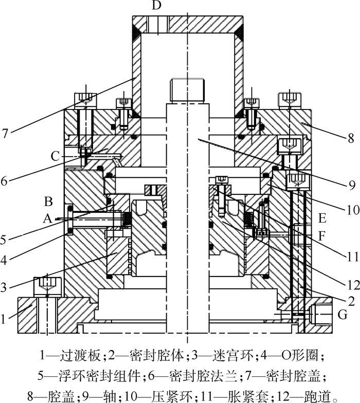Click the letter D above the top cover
coord(156,5)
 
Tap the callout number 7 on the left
coord(5,134)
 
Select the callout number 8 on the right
coord(351,138)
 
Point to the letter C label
coord(56,156)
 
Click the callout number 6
coord(4,181)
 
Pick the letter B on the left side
coord(48,201)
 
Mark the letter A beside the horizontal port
coord(47,219)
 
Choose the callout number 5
coord(3,240)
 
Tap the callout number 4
coord(3,260)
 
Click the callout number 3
coord(3,287)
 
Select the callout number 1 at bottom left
coord(3,319)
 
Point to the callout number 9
coord(352,185)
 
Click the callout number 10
coord(353,210)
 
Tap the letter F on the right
coord(322,236)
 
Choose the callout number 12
coord(353,285)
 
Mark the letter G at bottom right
coord(343,315)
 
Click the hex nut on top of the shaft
coord(187,90)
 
